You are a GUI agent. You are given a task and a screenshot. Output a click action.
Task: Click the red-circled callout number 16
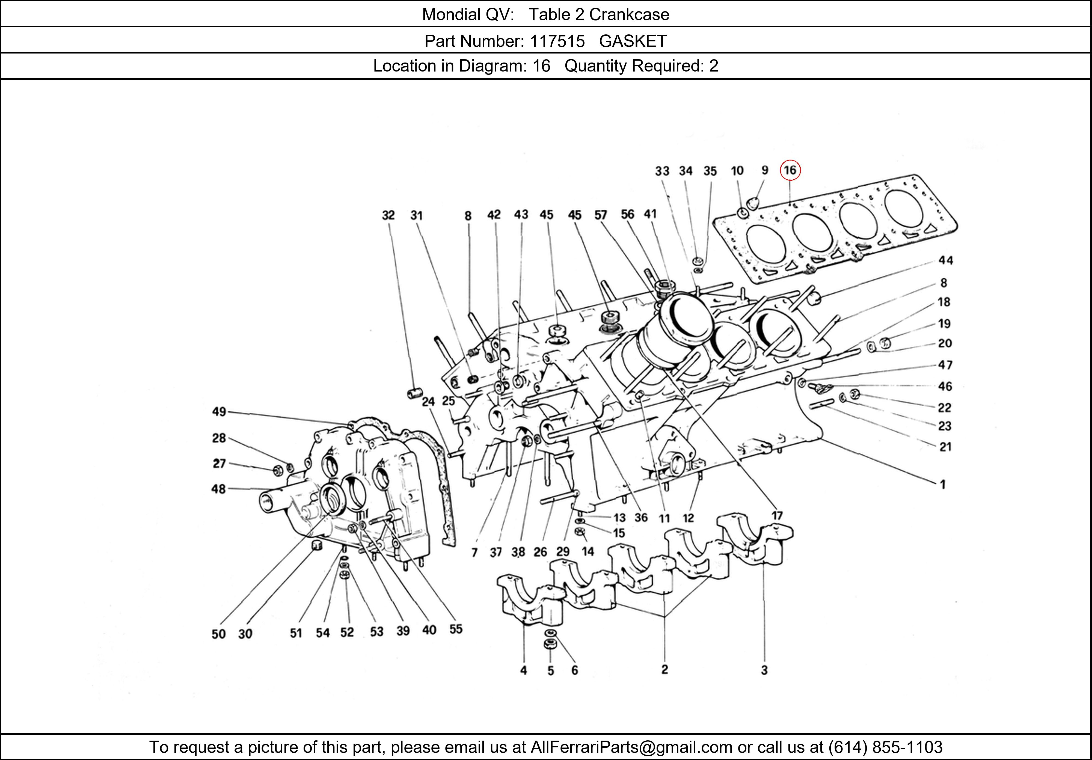(x=790, y=170)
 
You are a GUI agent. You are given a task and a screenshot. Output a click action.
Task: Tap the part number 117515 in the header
(x=557, y=41)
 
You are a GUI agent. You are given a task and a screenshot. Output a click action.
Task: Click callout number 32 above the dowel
(x=388, y=215)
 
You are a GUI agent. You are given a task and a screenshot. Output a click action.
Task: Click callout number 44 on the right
(x=945, y=260)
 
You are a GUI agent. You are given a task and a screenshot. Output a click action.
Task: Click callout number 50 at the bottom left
(x=218, y=634)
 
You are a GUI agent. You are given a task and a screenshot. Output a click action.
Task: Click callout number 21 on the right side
(x=945, y=447)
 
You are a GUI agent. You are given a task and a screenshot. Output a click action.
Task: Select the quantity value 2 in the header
(x=713, y=66)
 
